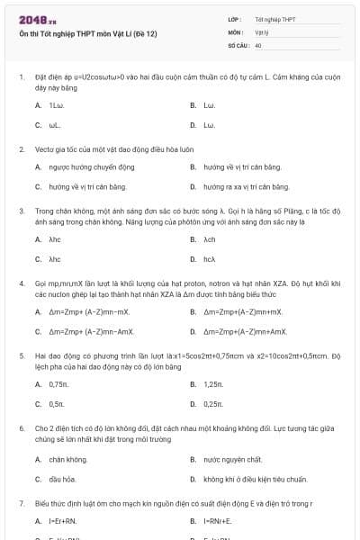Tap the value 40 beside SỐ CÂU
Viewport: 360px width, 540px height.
click(258, 44)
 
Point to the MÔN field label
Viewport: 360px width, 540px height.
click(236, 31)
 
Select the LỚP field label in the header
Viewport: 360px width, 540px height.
click(235, 19)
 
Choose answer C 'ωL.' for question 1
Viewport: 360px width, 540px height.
click(55, 124)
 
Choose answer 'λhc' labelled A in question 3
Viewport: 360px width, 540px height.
click(55, 239)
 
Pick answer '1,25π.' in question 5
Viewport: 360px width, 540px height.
click(212, 383)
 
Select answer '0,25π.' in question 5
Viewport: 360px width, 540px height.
click(212, 403)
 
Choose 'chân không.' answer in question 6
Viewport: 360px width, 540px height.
click(68, 459)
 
